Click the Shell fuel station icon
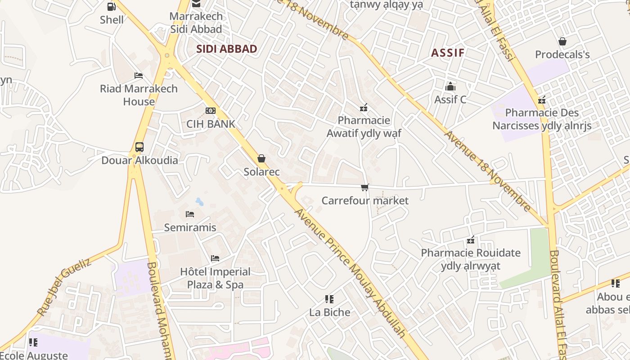tap(111, 6)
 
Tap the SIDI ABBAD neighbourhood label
tap(227, 49)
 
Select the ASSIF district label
tap(448, 53)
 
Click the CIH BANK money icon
tap(210, 111)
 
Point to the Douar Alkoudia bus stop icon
tap(139, 147)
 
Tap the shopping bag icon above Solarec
tap(261, 158)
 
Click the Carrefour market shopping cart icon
tap(364, 187)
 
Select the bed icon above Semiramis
tap(190, 214)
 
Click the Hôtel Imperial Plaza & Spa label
tap(215, 278)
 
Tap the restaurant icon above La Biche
tap(329, 299)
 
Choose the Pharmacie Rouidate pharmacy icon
tap(471, 240)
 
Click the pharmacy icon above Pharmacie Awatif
tap(364, 108)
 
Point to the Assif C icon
tap(450, 86)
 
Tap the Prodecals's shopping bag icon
tap(562, 42)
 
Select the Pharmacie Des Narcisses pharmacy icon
tap(542, 100)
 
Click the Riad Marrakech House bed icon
tap(139, 76)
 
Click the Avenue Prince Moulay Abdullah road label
tap(350, 273)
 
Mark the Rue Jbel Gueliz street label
tap(64, 287)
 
